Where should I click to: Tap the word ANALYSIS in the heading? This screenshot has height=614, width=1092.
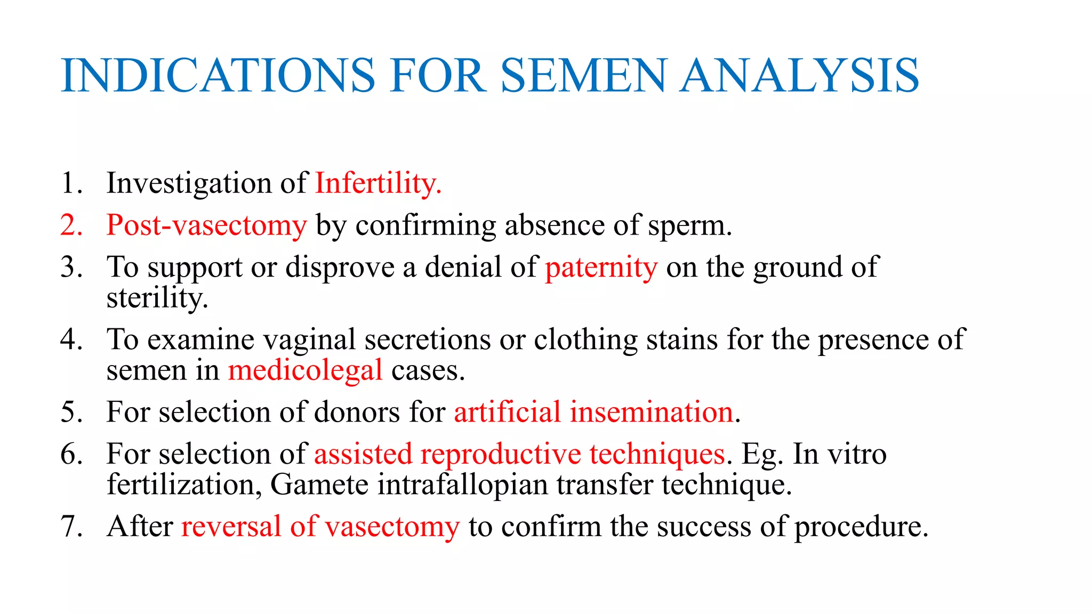(799, 76)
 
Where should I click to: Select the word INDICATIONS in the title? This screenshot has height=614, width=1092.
(219, 76)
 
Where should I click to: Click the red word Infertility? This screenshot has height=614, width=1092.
(378, 184)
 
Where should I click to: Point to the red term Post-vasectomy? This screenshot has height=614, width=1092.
(207, 225)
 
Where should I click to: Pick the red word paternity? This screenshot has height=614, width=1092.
(601, 267)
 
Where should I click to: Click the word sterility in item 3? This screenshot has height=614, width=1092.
(157, 298)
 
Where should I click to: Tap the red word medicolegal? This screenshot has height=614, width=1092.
(305, 370)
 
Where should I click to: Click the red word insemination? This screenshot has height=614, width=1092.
(651, 412)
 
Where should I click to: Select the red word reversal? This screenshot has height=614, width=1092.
(231, 527)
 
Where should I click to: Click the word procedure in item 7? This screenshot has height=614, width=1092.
(861, 527)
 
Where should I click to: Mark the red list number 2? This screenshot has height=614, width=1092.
(71, 225)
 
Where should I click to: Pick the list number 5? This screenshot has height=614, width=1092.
(71, 412)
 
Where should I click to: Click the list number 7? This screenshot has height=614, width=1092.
(71, 527)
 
